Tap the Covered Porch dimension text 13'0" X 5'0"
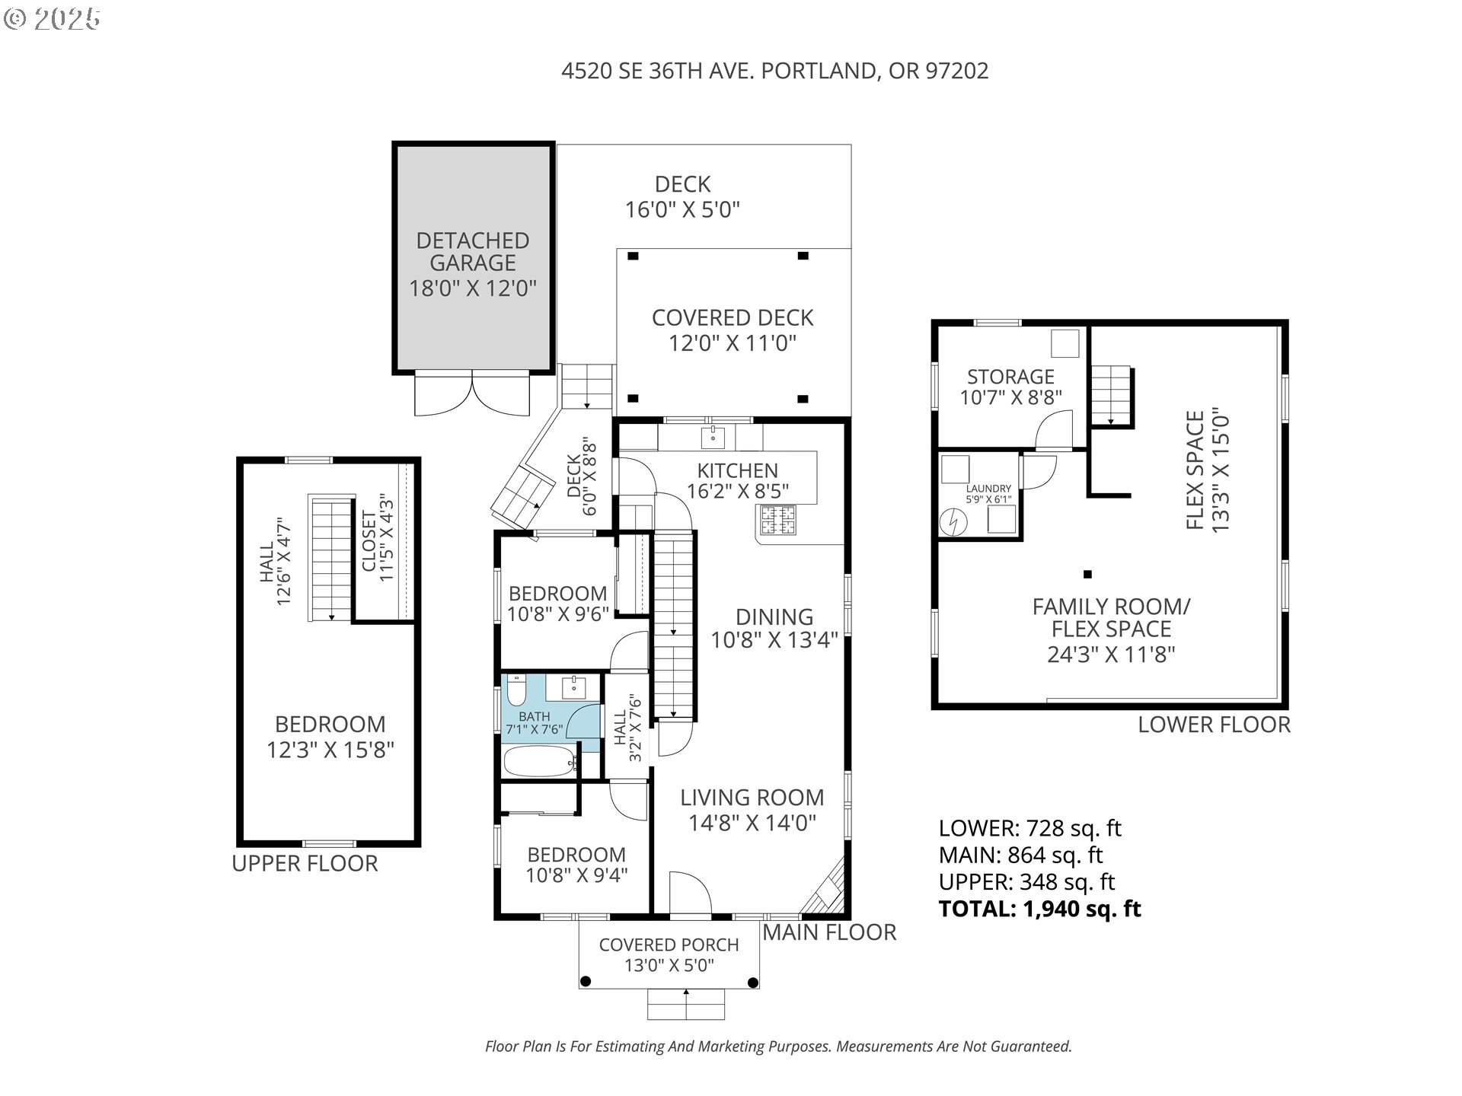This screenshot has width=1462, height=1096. tap(669, 966)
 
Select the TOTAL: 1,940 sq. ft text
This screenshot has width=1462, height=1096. tap(1039, 909)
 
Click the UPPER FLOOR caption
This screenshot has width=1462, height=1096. tap(305, 863)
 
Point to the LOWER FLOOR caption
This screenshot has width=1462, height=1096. tap(1214, 725)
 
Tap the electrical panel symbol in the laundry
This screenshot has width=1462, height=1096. tap(952, 521)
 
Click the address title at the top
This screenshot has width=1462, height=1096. tap(774, 71)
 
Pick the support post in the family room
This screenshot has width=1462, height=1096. tap(1087, 575)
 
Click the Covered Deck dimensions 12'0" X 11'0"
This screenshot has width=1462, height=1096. tap(733, 343)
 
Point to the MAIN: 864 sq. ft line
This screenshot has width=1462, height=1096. tap(1021, 855)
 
